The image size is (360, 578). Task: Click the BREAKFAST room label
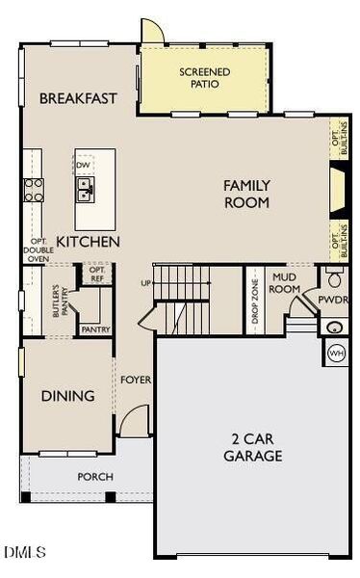(78, 98)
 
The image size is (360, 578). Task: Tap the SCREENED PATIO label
(203, 78)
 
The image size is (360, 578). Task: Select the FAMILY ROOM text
(246, 194)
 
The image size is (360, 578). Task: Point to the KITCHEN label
(88, 242)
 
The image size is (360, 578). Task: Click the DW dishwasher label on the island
(84, 165)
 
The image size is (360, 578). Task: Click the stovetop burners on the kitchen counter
(34, 190)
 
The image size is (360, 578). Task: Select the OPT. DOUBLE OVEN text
(38, 250)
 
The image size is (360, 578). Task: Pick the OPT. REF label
(97, 273)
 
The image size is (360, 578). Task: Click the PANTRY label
(96, 328)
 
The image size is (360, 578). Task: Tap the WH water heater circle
(337, 353)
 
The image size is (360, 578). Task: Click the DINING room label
(67, 396)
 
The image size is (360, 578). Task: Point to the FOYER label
(136, 380)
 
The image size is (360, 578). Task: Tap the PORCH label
(95, 477)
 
